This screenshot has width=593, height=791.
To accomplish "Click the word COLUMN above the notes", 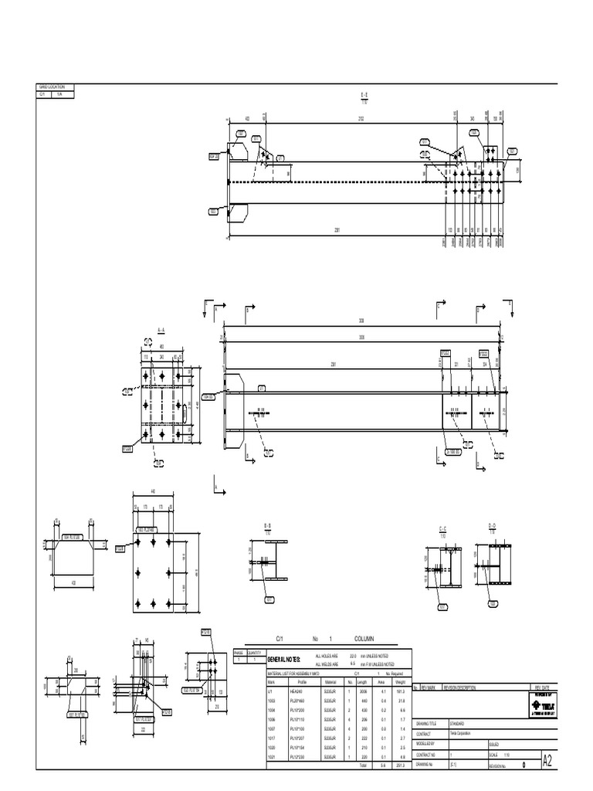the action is click(364, 640).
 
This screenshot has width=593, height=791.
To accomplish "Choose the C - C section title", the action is click(444, 528).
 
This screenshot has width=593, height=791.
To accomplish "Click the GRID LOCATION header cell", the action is click(52, 87).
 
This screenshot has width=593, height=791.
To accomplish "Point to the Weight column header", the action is click(399, 682).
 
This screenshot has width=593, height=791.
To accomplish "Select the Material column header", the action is click(331, 682).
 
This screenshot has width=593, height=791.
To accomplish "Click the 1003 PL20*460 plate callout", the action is click(147, 530).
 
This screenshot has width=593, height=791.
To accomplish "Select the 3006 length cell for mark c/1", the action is click(362, 691).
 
